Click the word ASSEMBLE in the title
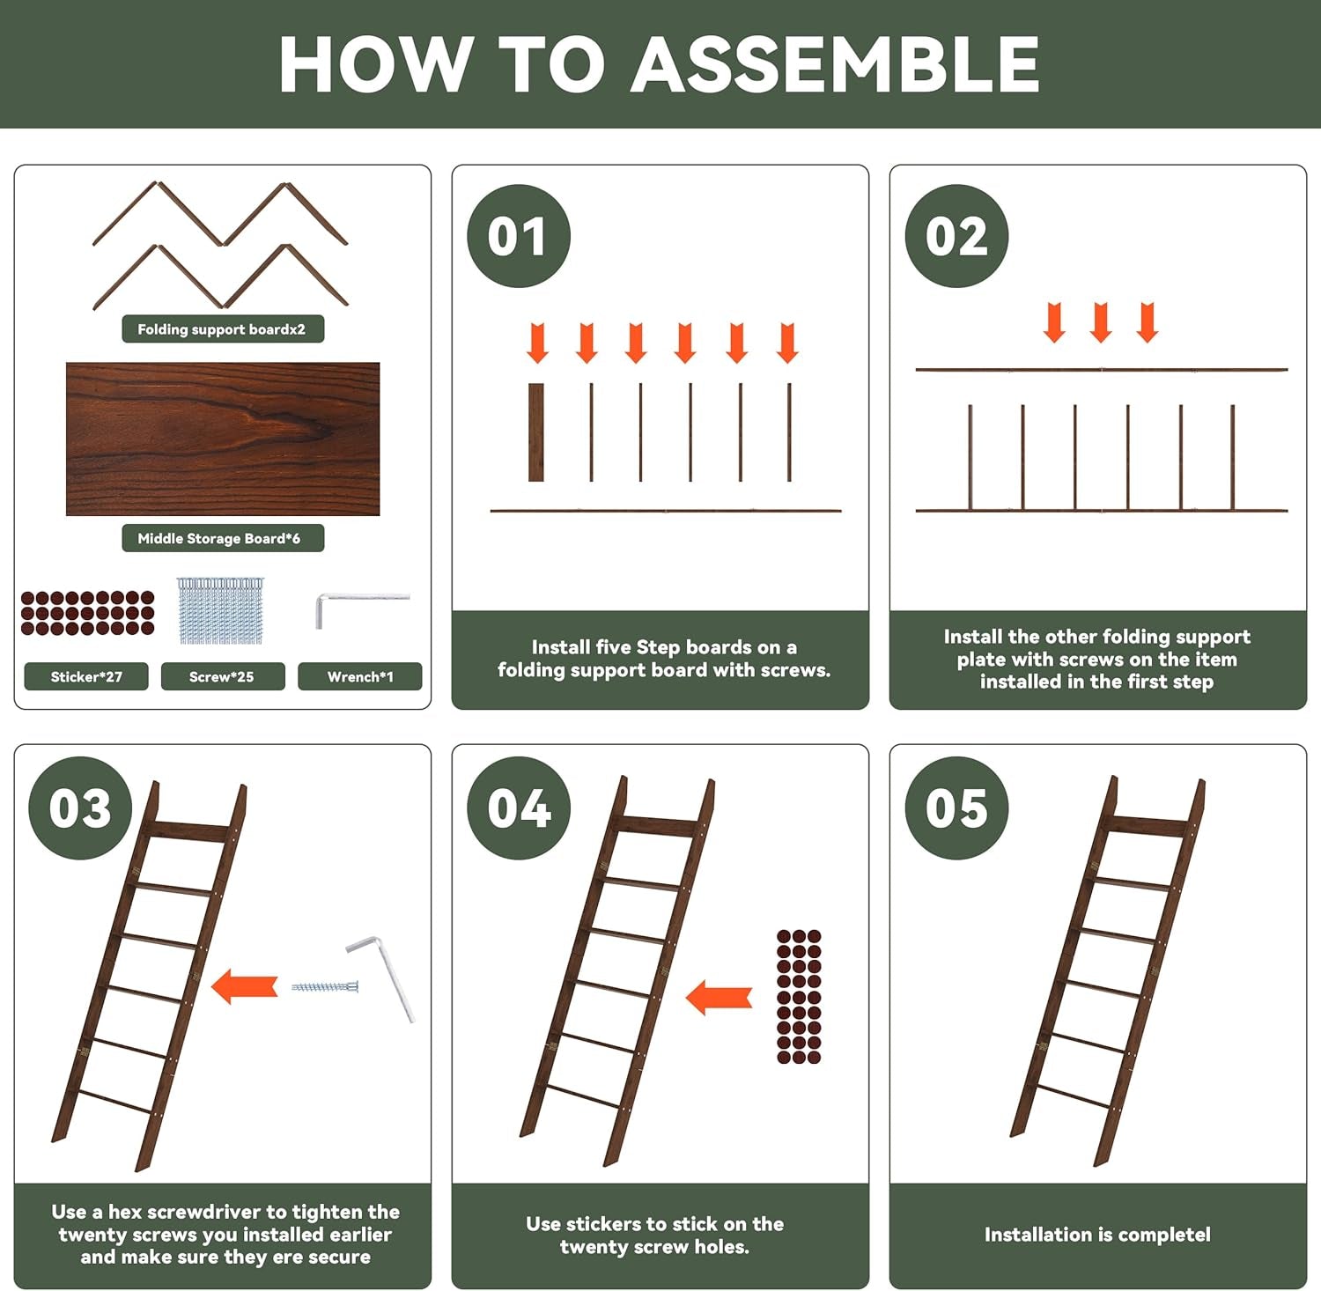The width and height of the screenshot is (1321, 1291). click(835, 64)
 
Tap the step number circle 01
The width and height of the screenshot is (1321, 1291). click(519, 236)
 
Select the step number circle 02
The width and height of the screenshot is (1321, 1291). click(956, 236)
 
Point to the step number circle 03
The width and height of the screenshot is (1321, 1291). click(80, 808)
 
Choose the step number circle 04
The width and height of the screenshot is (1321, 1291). click(519, 808)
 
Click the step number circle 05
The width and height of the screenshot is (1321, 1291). click(956, 808)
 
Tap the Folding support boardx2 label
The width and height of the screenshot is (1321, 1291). click(223, 329)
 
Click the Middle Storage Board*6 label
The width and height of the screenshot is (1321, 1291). click(223, 538)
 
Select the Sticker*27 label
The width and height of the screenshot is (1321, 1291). click(86, 676)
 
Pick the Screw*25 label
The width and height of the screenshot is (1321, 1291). click(223, 676)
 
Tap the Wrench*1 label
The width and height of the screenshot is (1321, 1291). click(360, 676)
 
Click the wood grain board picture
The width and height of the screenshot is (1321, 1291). click(223, 439)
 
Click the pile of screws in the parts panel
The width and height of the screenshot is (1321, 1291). click(220, 609)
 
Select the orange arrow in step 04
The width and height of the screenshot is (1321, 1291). click(719, 998)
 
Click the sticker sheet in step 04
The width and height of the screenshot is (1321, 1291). click(799, 997)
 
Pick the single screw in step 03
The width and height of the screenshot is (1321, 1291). click(325, 986)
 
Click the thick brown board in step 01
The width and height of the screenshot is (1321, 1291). click(536, 432)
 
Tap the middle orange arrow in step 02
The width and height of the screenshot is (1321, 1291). click(1101, 322)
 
